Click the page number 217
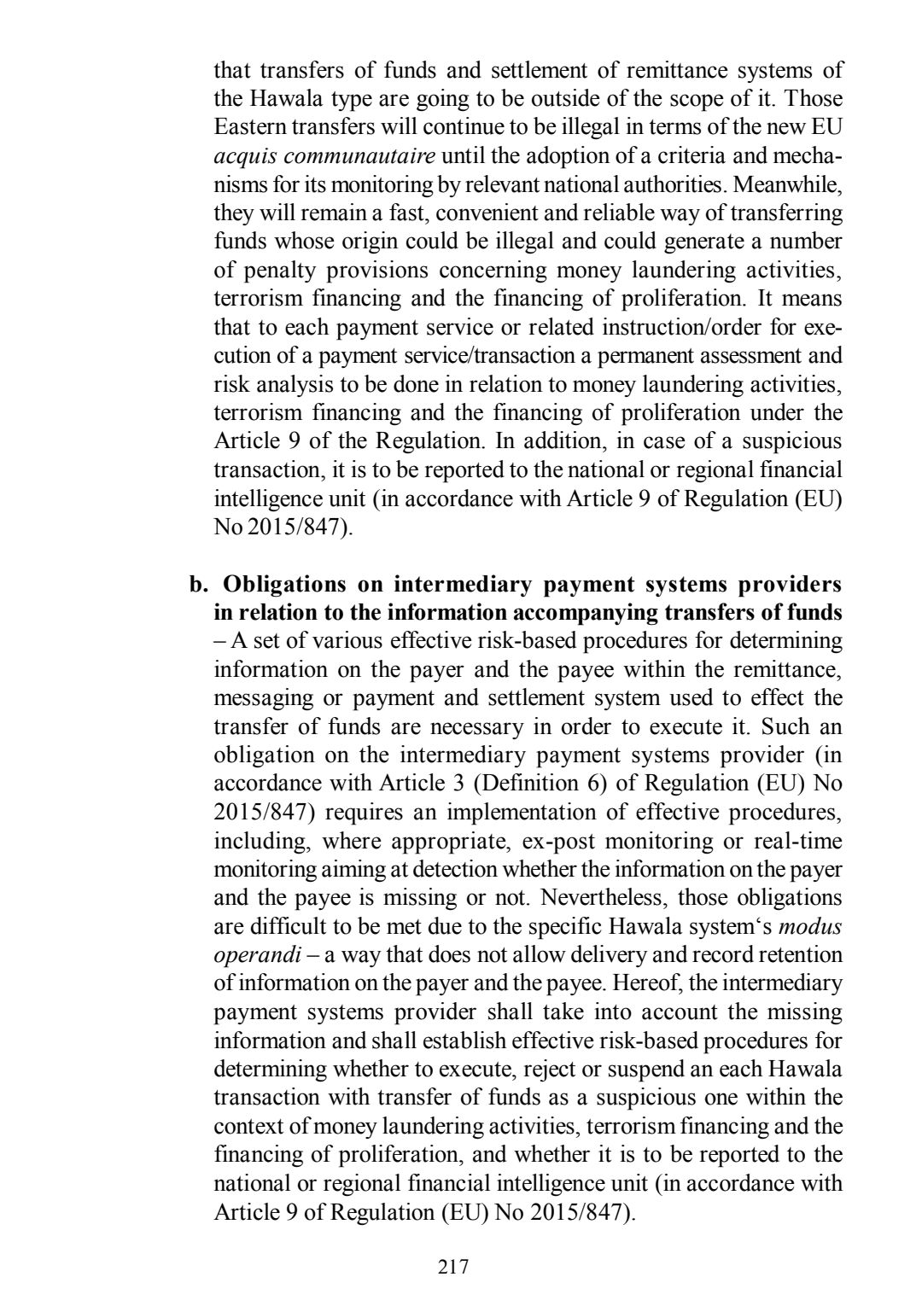pyautogui.click(x=453, y=1267)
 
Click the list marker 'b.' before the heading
pyautogui.click(x=200, y=585)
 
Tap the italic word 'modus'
pyautogui.click(x=812, y=926)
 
